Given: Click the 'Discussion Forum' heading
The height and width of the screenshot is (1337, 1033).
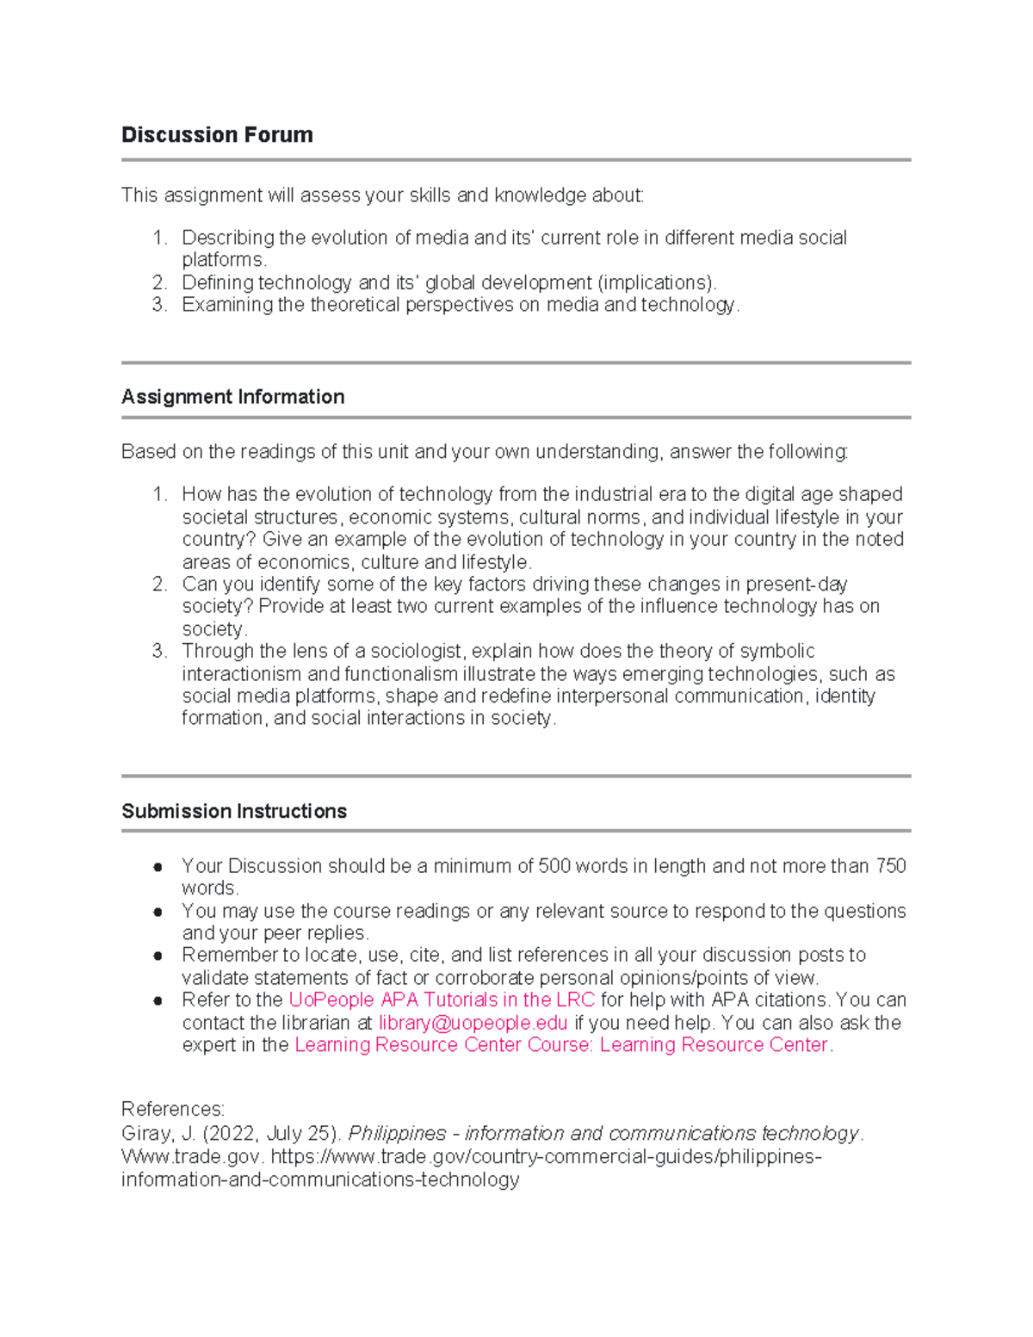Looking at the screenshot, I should (x=217, y=135).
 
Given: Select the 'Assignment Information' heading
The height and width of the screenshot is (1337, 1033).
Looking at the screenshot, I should (x=232, y=397).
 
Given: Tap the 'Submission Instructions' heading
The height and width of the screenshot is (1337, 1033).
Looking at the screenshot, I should (x=233, y=811).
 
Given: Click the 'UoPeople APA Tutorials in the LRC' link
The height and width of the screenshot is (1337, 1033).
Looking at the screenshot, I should (x=441, y=1000).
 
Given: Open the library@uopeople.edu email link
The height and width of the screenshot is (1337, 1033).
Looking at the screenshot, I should (x=473, y=1023).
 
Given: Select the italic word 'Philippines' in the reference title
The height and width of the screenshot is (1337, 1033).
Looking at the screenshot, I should (x=397, y=1134).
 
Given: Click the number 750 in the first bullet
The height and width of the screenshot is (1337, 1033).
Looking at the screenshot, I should (x=890, y=866).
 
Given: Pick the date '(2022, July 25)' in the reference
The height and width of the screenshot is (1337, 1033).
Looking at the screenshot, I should (x=271, y=1134).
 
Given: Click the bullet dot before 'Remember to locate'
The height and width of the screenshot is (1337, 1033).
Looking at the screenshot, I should (x=158, y=956).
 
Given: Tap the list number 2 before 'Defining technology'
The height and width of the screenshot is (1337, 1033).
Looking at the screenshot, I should (x=158, y=283).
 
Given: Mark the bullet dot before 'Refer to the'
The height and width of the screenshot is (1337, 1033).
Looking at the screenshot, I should (x=158, y=1001).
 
